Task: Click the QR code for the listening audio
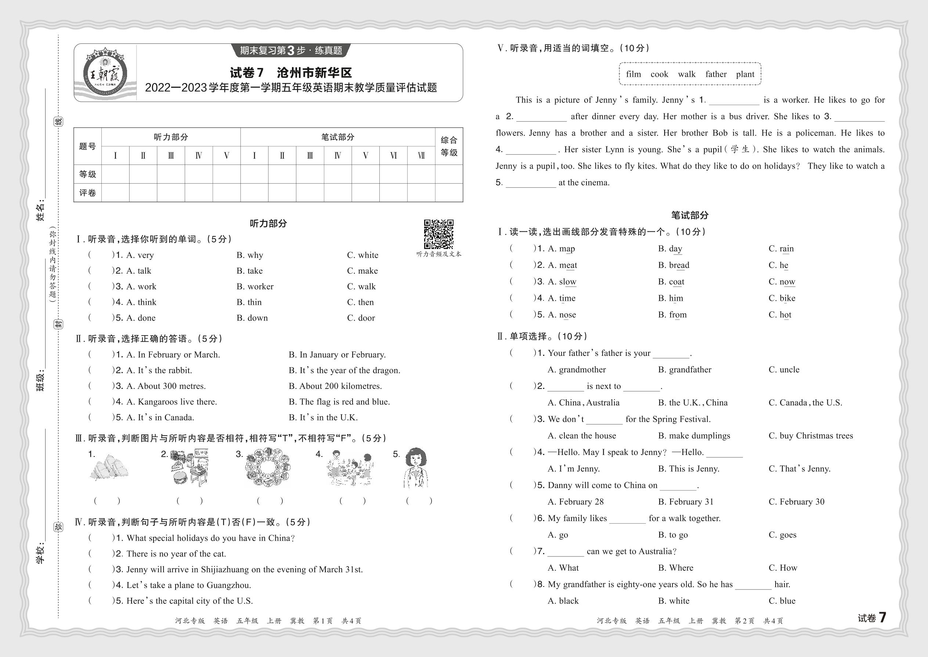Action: [x=438, y=234]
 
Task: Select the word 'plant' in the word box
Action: [x=745, y=74]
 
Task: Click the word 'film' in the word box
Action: [x=633, y=74]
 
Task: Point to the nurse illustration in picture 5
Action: [x=416, y=468]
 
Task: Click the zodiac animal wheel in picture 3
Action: [x=267, y=468]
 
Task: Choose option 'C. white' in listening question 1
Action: [x=362, y=255]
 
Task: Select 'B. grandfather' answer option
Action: [x=685, y=370]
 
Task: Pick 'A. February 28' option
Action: [x=575, y=502]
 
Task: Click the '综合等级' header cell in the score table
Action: [x=449, y=147]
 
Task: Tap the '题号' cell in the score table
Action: [x=87, y=147]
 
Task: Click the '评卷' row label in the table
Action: [x=87, y=193]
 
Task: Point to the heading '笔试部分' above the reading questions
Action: [x=689, y=215]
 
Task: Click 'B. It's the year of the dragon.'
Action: [x=344, y=371]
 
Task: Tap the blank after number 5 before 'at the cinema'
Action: [x=530, y=183]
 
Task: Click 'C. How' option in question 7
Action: [x=782, y=568]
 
